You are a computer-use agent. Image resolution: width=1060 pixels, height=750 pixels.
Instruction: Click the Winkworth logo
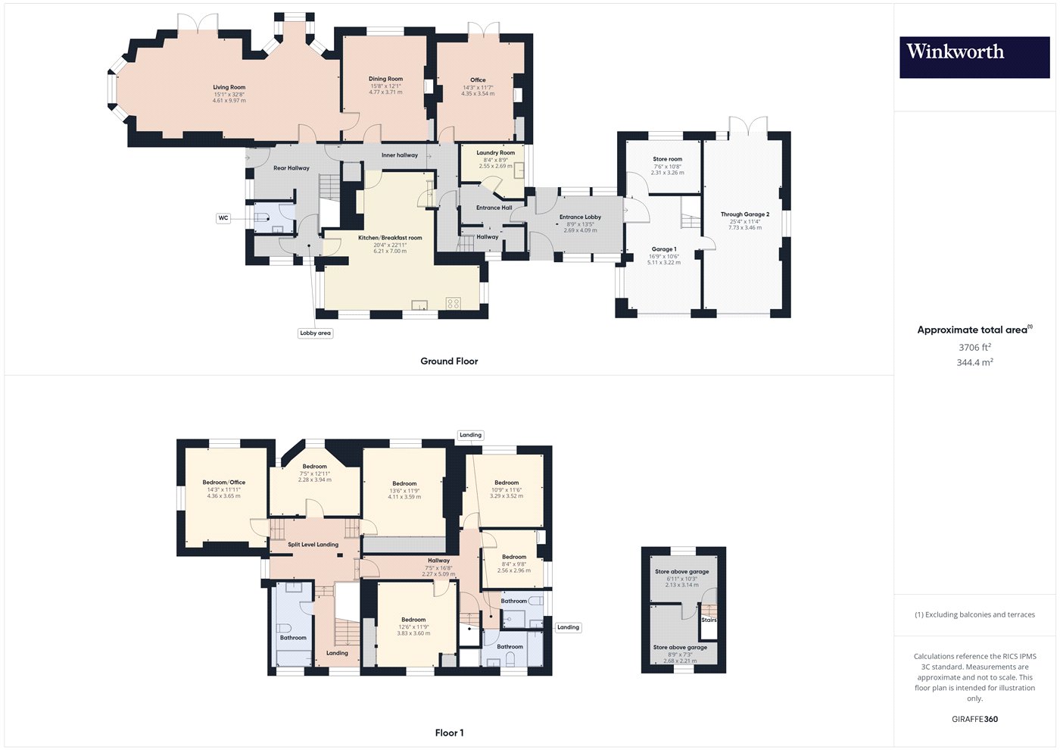coord(974,58)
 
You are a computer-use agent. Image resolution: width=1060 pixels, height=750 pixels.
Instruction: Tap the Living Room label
coord(229,87)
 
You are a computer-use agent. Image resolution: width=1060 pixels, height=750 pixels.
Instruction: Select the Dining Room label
coord(385,79)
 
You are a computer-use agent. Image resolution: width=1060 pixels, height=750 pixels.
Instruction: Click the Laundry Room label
coord(495,153)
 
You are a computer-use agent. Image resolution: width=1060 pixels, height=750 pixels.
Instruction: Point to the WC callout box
coord(223,218)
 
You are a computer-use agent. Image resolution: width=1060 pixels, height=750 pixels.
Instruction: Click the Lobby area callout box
coord(315,333)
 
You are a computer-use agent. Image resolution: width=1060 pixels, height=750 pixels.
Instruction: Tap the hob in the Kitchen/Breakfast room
coord(453,303)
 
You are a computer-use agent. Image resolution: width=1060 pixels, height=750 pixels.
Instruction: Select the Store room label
coord(667,159)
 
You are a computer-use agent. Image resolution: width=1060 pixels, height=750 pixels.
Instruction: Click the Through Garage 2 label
coord(745,214)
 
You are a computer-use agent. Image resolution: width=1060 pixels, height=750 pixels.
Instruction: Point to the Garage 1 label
coord(664,249)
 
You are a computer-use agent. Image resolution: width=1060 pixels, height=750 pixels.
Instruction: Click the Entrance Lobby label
coord(580,217)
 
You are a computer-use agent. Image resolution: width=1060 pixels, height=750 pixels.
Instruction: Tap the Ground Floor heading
coord(449,361)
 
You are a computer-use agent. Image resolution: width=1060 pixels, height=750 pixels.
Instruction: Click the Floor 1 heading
coord(449,733)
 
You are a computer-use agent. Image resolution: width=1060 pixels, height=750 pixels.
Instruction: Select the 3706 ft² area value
coord(975,347)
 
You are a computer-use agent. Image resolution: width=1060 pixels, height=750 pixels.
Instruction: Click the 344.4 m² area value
coord(975,362)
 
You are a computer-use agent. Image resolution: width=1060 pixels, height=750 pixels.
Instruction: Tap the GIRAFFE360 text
coord(975,719)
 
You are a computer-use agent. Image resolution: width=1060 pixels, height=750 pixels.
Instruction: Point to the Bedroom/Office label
coord(224,483)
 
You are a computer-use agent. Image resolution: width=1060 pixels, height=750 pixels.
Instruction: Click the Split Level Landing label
coord(313,545)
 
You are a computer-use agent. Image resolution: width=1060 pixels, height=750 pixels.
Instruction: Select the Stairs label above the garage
coord(709,620)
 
